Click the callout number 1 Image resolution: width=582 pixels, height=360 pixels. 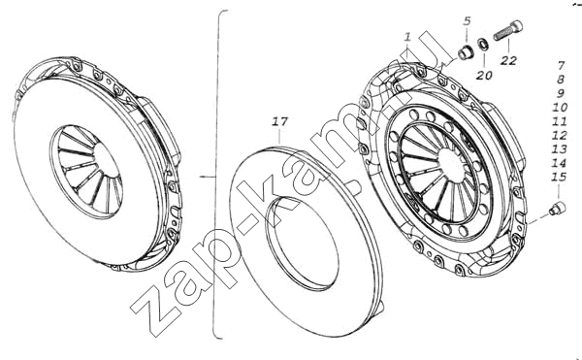(408, 37)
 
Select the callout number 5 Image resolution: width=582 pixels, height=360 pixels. (467, 21)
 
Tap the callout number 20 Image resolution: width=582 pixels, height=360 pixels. (484, 76)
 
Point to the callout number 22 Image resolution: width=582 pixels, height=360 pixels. (508, 60)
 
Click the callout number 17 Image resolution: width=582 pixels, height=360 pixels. (280, 121)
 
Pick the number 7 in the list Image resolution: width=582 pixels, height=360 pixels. (561, 66)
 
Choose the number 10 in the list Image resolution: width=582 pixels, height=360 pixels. (560, 108)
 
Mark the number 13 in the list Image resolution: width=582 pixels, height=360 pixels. (560, 148)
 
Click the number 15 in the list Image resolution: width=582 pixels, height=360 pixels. (559, 177)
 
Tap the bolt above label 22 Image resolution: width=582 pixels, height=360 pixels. (508, 31)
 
